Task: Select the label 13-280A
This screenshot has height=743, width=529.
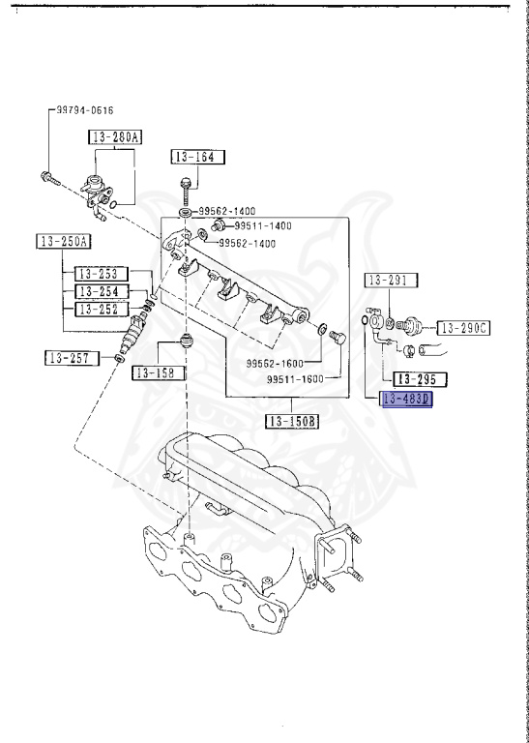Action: point(114,137)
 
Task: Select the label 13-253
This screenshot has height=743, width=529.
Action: point(96,274)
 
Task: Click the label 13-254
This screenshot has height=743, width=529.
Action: point(96,291)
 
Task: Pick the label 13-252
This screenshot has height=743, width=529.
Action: point(96,309)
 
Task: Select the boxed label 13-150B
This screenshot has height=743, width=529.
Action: point(293,421)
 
